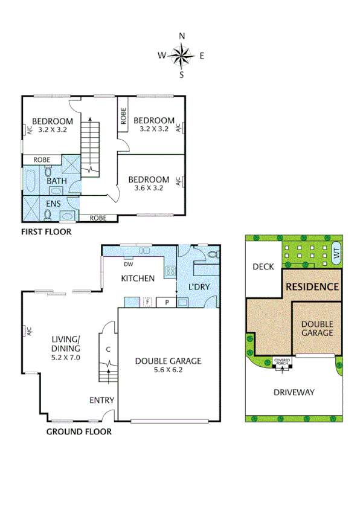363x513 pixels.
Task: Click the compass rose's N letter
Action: tap(182, 36)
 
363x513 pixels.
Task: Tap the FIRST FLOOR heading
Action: tap(46, 231)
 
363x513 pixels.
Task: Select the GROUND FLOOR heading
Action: tap(79, 431)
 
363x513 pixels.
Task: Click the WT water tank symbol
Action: tap(336, 254)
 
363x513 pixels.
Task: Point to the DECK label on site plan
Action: tap(263, 266)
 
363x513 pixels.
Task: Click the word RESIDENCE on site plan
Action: tap(312, 286)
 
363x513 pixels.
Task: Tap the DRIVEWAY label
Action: tap(294, 392)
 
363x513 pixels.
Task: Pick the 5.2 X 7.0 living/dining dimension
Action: tap(66, 358)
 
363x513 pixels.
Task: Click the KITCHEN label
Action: tap(138, 278)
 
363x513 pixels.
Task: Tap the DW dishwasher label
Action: tap(128, 263)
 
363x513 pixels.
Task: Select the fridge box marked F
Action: tap(146, 302)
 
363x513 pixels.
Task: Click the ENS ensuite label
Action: tap(53, 204)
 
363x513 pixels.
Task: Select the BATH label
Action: tap(57, 181)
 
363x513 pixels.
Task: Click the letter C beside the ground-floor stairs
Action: tap(108, 349)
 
